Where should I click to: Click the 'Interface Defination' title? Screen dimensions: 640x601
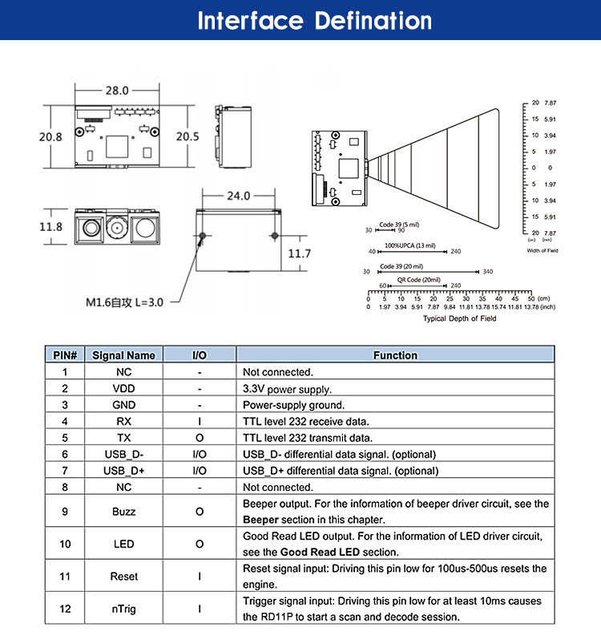pos(314,21)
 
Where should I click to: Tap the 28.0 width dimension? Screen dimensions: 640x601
pos(117,90)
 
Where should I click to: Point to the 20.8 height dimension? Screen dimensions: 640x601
pos(50,136)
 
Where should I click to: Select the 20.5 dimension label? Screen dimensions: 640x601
pos(187,136)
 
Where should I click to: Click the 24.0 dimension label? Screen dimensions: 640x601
pos(238,195)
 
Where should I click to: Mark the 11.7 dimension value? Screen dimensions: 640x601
pos(299,253)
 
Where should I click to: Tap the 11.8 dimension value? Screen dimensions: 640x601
pos(50,227)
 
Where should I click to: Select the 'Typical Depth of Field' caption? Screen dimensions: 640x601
pos(459,318)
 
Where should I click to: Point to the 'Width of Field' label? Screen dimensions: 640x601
pos(543,250)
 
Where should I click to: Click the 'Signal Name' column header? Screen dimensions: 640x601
pos(123,355)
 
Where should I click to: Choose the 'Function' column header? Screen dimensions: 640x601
pos(395,355)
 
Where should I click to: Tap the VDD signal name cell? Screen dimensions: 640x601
pos(123,388)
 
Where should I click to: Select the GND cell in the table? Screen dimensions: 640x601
pos(123,405)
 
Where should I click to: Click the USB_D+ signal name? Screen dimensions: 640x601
pos(123,471)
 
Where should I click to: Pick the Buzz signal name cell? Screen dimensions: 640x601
pos(123,511)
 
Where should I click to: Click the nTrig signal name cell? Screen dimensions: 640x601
pos(123,609)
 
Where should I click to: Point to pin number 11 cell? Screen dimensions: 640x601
pos(64,576)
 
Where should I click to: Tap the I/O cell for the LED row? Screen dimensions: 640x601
pos(200,544)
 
